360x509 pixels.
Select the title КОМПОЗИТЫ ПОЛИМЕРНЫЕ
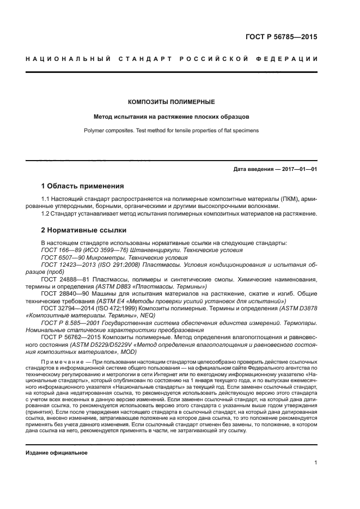(171, 102)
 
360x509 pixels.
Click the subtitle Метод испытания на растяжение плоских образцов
(171, 116)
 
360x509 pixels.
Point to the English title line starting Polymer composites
(171, 131)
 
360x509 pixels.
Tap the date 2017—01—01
(298, 169)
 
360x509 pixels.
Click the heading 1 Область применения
(83, 186)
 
